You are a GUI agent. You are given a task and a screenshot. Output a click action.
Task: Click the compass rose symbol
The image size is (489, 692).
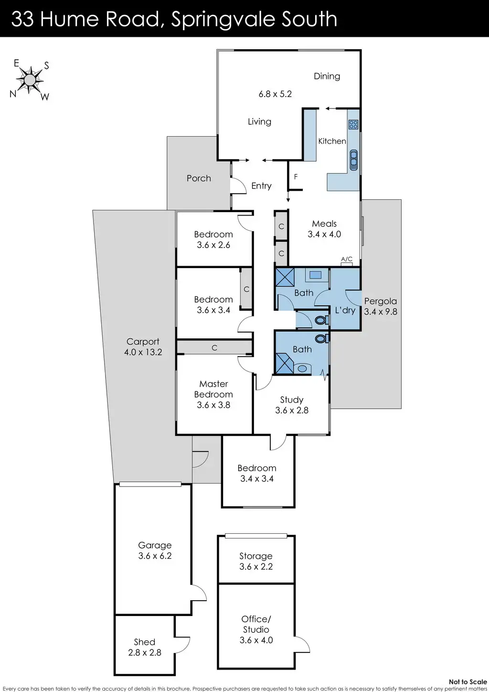(x=30, y=79)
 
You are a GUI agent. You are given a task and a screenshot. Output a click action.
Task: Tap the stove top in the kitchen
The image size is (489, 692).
(x=353, y=125)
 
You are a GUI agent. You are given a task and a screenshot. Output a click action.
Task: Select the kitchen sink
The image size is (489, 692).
(x=353, y=160)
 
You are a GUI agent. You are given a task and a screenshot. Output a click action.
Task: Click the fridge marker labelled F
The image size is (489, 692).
(x=296, y=177)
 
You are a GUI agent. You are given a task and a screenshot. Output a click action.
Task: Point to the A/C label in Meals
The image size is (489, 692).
(x=347, y=259)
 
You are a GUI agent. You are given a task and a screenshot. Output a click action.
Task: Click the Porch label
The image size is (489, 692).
(x=199, y=178)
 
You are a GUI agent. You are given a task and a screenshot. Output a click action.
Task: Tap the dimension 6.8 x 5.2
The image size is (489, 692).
(x=275, y=94)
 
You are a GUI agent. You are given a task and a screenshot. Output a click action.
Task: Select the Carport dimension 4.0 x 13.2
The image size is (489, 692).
(x=143, y=352)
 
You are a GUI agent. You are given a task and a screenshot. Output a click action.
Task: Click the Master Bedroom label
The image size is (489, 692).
(x=213, y=389)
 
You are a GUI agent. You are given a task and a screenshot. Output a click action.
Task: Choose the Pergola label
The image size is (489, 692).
(x=380, y=301)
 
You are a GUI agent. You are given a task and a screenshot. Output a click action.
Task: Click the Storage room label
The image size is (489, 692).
(x=256, y=556)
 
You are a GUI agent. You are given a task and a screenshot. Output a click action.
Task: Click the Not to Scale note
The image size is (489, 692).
(x=468, y=682)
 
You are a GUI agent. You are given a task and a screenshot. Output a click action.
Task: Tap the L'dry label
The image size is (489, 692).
(x=345, y=310)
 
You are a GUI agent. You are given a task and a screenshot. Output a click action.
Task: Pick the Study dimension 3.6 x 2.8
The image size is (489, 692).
(x=292, y=410)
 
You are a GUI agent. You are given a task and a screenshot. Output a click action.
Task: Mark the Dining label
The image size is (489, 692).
(x=327, y=76)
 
